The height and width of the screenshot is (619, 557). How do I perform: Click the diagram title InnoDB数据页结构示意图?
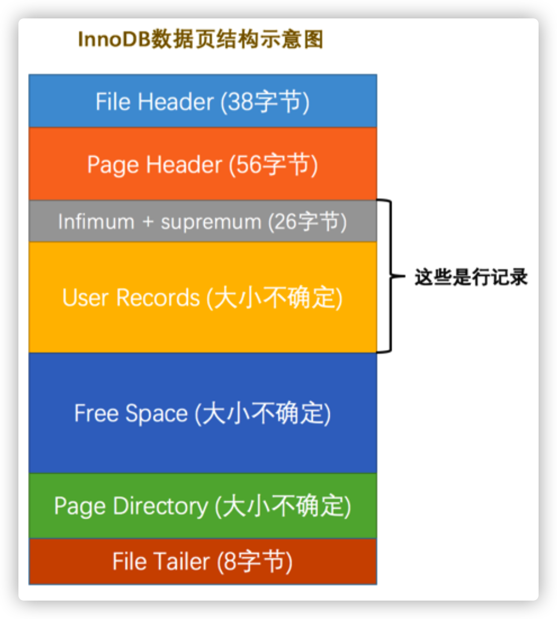200,39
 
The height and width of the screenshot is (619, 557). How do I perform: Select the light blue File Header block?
203,101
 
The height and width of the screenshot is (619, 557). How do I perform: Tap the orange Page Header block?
203,164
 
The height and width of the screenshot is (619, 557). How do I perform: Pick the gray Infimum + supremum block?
203,222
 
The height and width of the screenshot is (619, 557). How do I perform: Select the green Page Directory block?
203,506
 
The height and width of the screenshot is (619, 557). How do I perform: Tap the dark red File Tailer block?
203,561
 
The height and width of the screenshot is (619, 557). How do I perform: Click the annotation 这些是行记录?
471,277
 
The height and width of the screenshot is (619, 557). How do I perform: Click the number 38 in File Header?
241,102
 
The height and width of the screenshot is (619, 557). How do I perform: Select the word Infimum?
96,222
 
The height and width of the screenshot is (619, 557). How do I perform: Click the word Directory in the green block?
160,506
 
